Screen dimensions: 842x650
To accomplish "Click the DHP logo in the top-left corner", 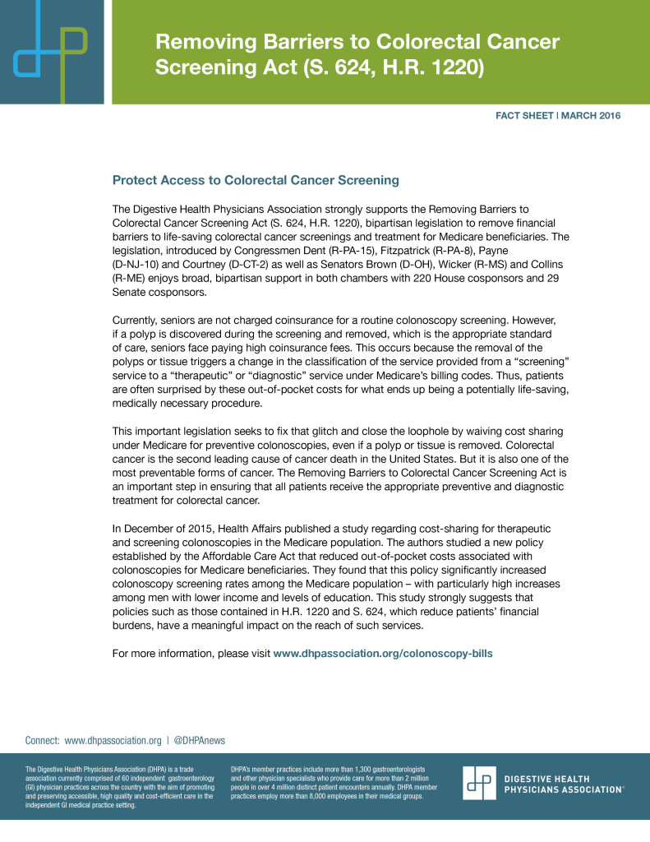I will pyautogui.click(x=51, y=52).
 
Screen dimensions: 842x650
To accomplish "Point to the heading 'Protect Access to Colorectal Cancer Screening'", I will pyautogui.click(x=256, y=179).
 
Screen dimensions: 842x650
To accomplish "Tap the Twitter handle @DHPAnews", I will pyautogui.click(x=202, y=739).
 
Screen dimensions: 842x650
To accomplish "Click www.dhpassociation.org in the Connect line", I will pyautogui.click(x=113, y=739).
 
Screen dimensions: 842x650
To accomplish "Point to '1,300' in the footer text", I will pyautogui.click(x=360, y=768).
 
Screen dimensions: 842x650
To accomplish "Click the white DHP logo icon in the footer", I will pyautogui.click(x=478, y=783).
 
